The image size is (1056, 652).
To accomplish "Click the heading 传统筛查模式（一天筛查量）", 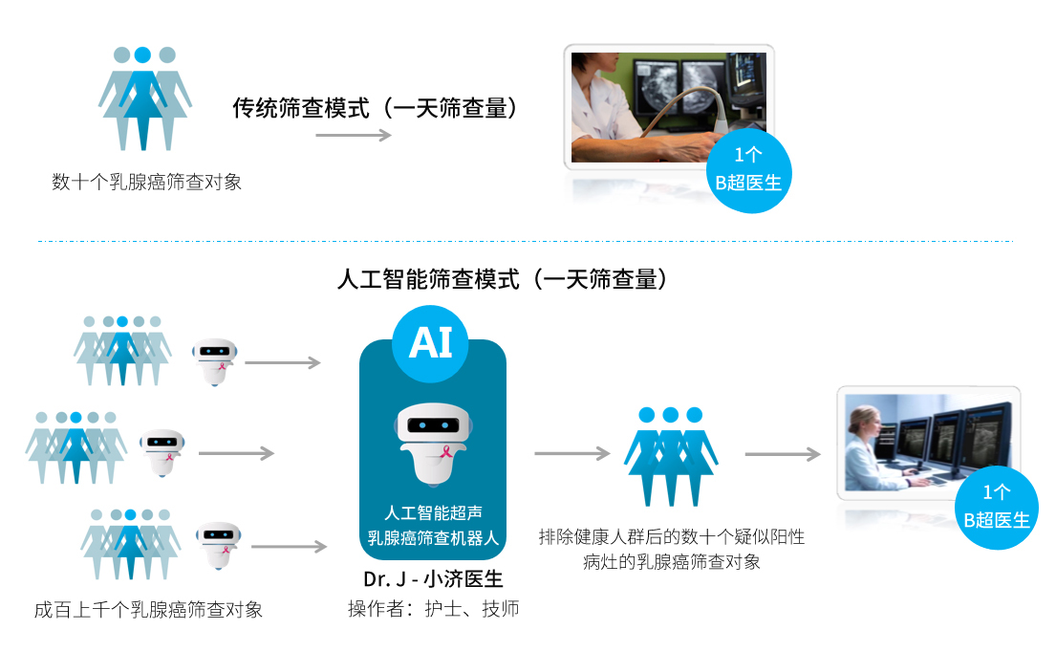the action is [x=375, y=108].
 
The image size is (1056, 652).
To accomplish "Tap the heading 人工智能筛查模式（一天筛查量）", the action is [x=502, y=279].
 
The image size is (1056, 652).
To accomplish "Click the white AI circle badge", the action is [x=430, y=343].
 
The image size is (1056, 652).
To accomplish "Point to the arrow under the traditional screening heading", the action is [x=354, y=136].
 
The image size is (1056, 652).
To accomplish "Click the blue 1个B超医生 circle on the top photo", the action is [x=748, y=170].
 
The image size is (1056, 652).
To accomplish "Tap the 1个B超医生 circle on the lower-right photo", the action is [x=997, y=508].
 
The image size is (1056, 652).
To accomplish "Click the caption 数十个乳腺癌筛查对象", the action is [x=147, y=182].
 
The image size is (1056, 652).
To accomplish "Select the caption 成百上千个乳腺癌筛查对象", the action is [x=148, y=610].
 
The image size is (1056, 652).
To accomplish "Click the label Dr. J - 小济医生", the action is [x=433, y=579].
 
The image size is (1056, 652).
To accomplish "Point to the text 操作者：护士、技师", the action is [x=433, y=609].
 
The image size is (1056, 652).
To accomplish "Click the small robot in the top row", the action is [x=215, y=361].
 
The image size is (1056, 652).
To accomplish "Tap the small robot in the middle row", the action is [x=162, y=452].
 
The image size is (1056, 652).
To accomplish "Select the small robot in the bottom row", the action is [x=218, y=545].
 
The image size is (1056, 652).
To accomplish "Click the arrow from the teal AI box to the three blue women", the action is [x=572, y=453].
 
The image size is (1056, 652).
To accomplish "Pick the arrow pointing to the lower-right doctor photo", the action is [x=783, y=454].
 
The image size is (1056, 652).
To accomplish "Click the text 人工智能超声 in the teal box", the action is [x=433, y=512].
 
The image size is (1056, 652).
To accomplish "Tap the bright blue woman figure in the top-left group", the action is [x=142, y=98].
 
